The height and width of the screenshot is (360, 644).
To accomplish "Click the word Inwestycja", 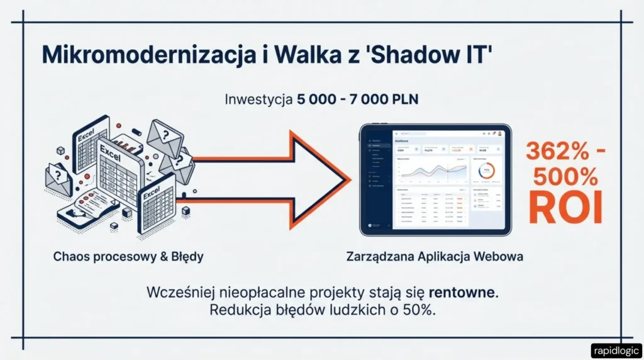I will (x=257, y=100).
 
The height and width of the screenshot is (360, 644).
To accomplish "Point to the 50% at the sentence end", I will (x=418, y=310).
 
